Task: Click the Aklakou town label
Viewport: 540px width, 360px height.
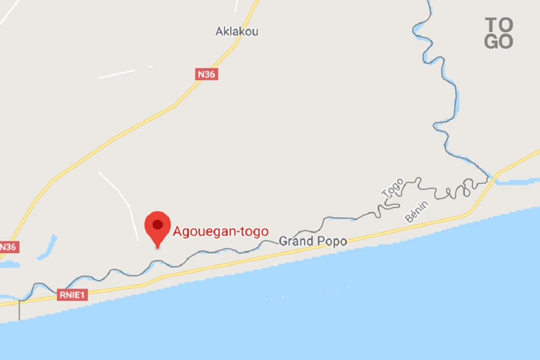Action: pos(237,31)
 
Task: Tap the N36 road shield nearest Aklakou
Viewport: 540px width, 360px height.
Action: pos(207,74)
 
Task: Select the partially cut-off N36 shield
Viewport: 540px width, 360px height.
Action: pos(8,247)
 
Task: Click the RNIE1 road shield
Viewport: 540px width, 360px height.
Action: pos(72,295)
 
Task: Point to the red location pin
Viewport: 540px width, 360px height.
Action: pos(157,227)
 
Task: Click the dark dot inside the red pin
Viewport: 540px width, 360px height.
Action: pos(157,225)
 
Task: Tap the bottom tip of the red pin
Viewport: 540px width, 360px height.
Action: pos(157,247)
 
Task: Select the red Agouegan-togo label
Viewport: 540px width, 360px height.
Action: pos(220,231)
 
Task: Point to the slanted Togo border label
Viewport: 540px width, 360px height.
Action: pos(392,188)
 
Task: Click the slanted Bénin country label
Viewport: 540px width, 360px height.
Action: pos(417,211)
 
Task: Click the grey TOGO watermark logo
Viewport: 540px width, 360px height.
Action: pos(499,33)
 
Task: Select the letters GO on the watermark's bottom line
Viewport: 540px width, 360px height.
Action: pos(499,42)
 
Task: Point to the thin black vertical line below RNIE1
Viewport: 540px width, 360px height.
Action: pos(19,311)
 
